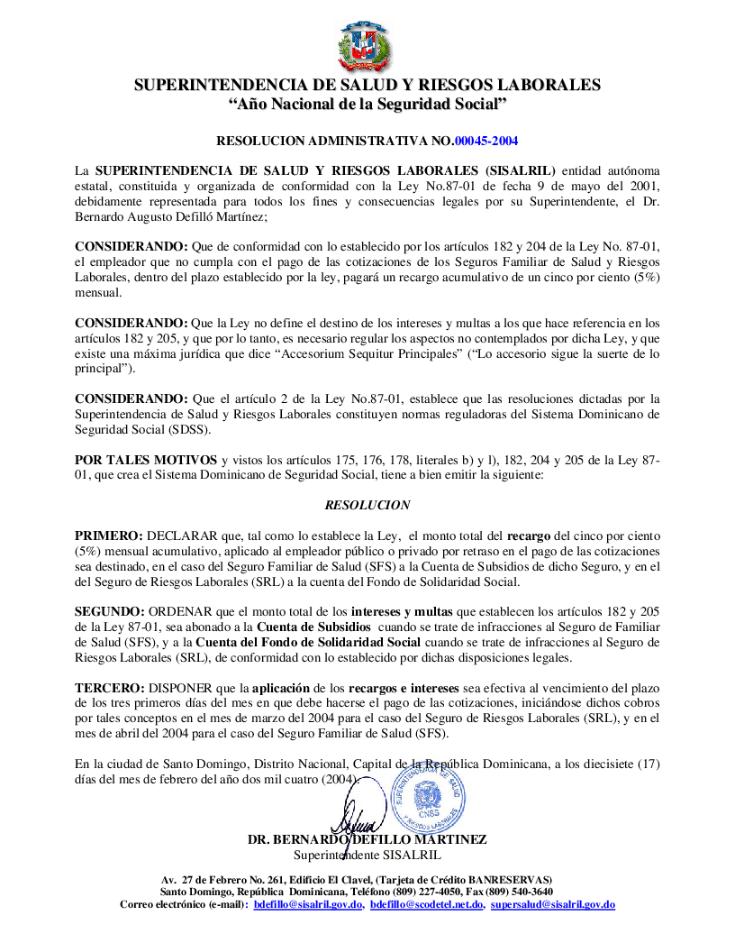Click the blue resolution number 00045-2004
coord(486,141)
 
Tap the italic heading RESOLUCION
coord(367,505)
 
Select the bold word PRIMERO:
coord(108,535)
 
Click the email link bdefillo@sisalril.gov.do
coord(308,903)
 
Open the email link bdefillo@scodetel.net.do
coord(427,903)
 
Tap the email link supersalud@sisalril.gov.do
coord(552,903)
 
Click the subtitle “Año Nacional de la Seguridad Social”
coord(367,105)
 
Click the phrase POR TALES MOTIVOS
coord(145,459)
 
